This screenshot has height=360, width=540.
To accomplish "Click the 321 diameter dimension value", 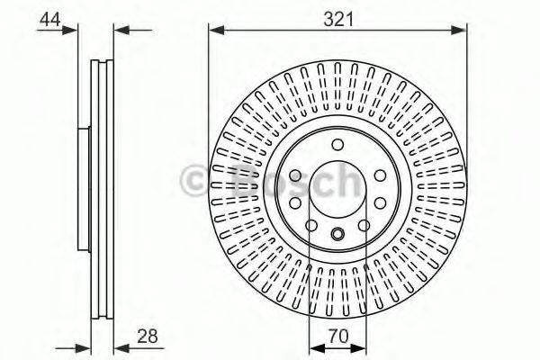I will coord(338,16).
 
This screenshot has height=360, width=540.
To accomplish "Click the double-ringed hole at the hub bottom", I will coord(337,236).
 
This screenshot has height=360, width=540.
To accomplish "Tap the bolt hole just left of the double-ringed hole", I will coord(311,225).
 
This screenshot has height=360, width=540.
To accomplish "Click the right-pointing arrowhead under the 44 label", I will coord(72,31).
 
